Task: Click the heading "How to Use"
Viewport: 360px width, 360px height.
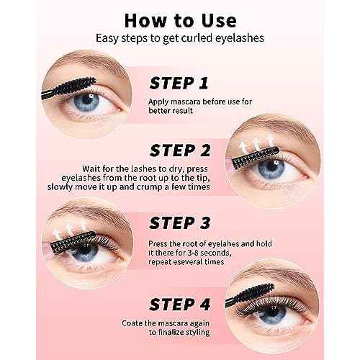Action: [181, 21]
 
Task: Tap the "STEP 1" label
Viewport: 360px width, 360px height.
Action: [179, 84]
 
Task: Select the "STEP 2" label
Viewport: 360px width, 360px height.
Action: [180, 150]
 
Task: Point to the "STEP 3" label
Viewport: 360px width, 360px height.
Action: [180, 222]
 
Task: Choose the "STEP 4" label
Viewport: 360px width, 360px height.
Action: [180, 305]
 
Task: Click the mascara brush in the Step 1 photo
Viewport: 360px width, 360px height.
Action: [69, 87]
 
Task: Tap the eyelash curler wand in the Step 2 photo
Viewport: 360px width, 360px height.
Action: [256, 157]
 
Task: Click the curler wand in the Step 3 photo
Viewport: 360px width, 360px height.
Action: [73, 241]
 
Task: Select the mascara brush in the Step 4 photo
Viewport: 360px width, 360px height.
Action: [250, 295]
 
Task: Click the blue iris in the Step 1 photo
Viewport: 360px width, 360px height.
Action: [86, 102]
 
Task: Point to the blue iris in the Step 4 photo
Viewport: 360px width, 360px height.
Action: [273, 314]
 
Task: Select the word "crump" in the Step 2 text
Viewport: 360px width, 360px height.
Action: [149, 187]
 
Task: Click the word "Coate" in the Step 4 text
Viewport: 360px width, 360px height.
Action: [132, 323]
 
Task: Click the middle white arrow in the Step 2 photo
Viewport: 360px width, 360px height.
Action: [257, 143]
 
